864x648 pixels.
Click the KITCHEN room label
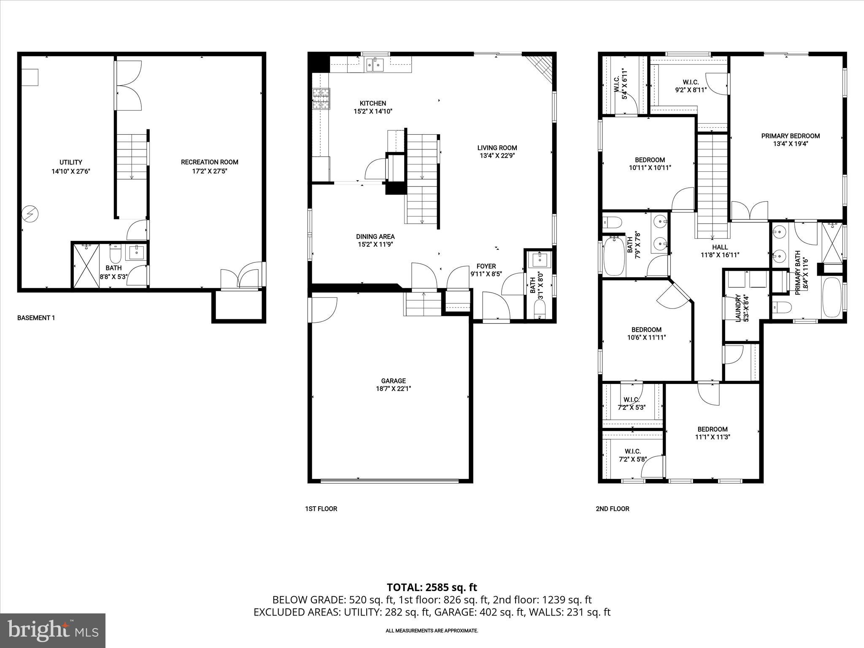coord(373,103)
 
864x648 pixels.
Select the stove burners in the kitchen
coord(321,99)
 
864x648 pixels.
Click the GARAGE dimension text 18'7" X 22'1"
coord(393,389)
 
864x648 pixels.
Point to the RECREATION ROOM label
coord(210,162)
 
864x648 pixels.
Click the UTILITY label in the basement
coord(71,162)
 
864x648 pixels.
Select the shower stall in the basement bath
coord(86,266)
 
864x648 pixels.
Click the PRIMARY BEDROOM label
coord(790,136)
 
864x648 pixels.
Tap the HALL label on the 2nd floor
coord(720,247)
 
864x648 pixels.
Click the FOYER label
coord(486,266)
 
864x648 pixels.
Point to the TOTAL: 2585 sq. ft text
coord(432,587)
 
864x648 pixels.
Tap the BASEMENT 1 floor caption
coord(36,318)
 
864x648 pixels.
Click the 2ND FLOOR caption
coord(612,509)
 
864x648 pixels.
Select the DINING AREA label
coord(375,237)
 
